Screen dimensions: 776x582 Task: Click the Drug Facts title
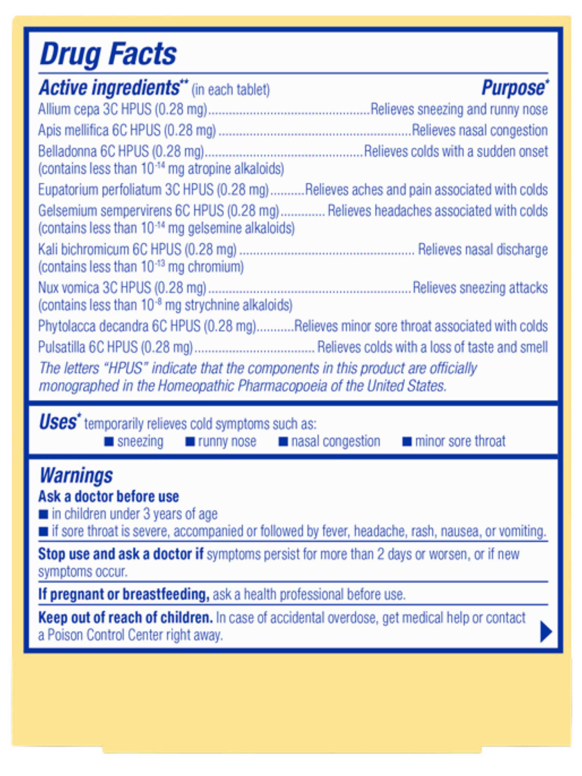tap(108, 54)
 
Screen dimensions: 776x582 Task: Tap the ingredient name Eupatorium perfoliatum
tap(100, 190)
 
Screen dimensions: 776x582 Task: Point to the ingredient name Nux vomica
tap(68, 288)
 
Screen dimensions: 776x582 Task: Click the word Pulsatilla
tap(62, 347)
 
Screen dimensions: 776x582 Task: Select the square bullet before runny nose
tap(190, 442)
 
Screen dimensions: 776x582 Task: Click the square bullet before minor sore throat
tap(407, 442)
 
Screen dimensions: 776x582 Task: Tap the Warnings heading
tap(76, 476)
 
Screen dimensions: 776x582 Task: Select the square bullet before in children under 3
tap(44, 515)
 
